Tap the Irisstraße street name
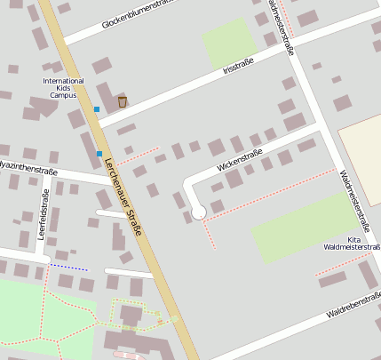238,68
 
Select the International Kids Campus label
64,87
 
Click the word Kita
353,239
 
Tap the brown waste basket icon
123,101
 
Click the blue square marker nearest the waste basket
97,109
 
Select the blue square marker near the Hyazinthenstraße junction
99,154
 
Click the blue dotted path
68,267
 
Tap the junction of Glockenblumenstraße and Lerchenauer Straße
67,40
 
